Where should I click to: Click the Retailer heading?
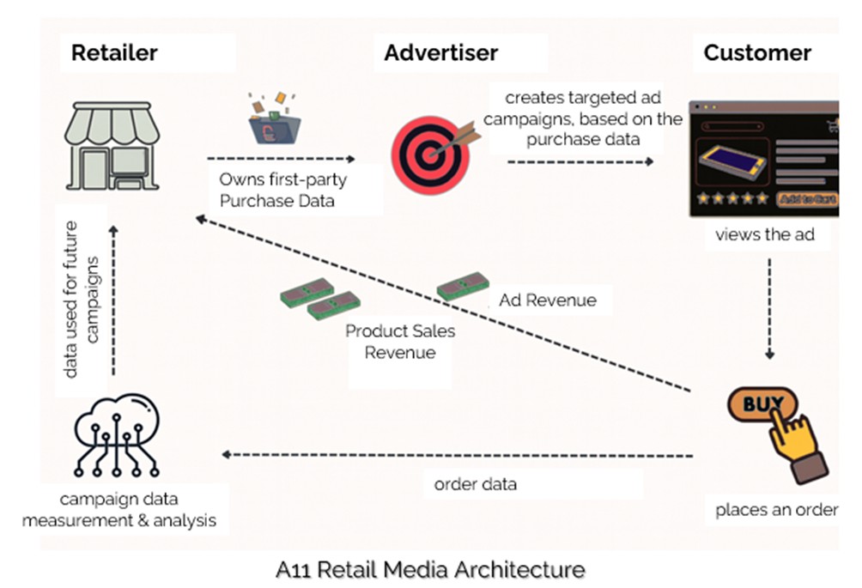point(114,52)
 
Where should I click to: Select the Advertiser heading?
point(440,52)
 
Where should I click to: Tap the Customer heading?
point(757,52)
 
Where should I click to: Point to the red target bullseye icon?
point(429,151)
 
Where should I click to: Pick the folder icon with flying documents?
point(272,120)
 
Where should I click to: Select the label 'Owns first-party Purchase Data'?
point(271,190)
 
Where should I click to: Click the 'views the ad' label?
point(763,234)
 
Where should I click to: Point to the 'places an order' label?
point(776,510)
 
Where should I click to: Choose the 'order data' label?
point(476,484)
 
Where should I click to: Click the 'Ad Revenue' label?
point(548,300)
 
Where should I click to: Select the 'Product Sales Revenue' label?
point(400,341)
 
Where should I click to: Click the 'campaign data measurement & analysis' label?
point(119,510)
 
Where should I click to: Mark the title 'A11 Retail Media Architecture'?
point(430,569)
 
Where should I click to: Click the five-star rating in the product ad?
point(731,198)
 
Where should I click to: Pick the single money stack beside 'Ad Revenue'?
point(463,287)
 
